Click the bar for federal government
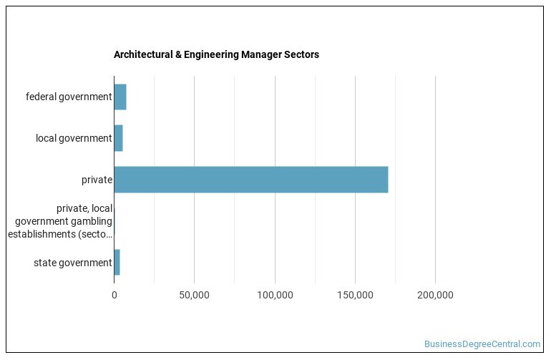(x=120, y=97)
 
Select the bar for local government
(x=118, y=138)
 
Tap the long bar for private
(x=250, y=180)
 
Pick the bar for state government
(x=117, y=263)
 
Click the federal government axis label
(x=69, y=97)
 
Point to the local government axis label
(x=74, y=138)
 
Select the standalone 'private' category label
(x=97, y=180)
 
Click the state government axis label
(x=72, y=263)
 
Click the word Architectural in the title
(x=140, y=54)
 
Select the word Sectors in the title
(x=302, y=54)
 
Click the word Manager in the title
(x=262, y=54)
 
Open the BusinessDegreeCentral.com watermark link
(x=482, y=344)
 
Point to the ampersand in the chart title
(x=174, y=54)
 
